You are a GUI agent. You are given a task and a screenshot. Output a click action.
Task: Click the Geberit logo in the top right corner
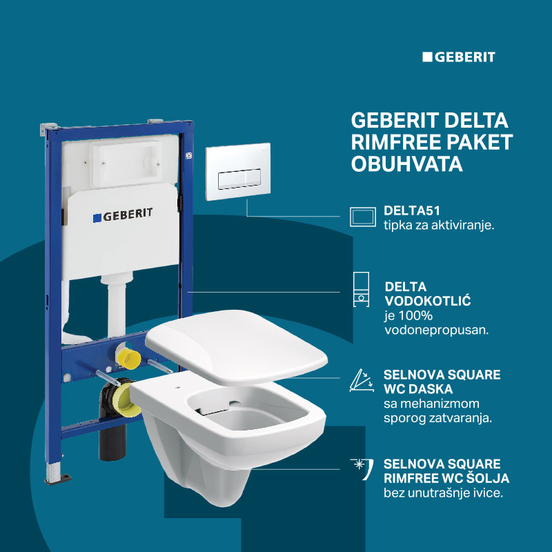pyautogui.click(x=458, y=57)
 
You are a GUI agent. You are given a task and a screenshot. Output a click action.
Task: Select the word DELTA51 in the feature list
pyautogui.click(x=411, y=211)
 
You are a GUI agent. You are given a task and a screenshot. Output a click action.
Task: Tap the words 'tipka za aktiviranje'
pyautogui.click(x=439, y=226)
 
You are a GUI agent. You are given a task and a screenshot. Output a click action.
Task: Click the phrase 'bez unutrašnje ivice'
pyautogui.click(x=444, y=493)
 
